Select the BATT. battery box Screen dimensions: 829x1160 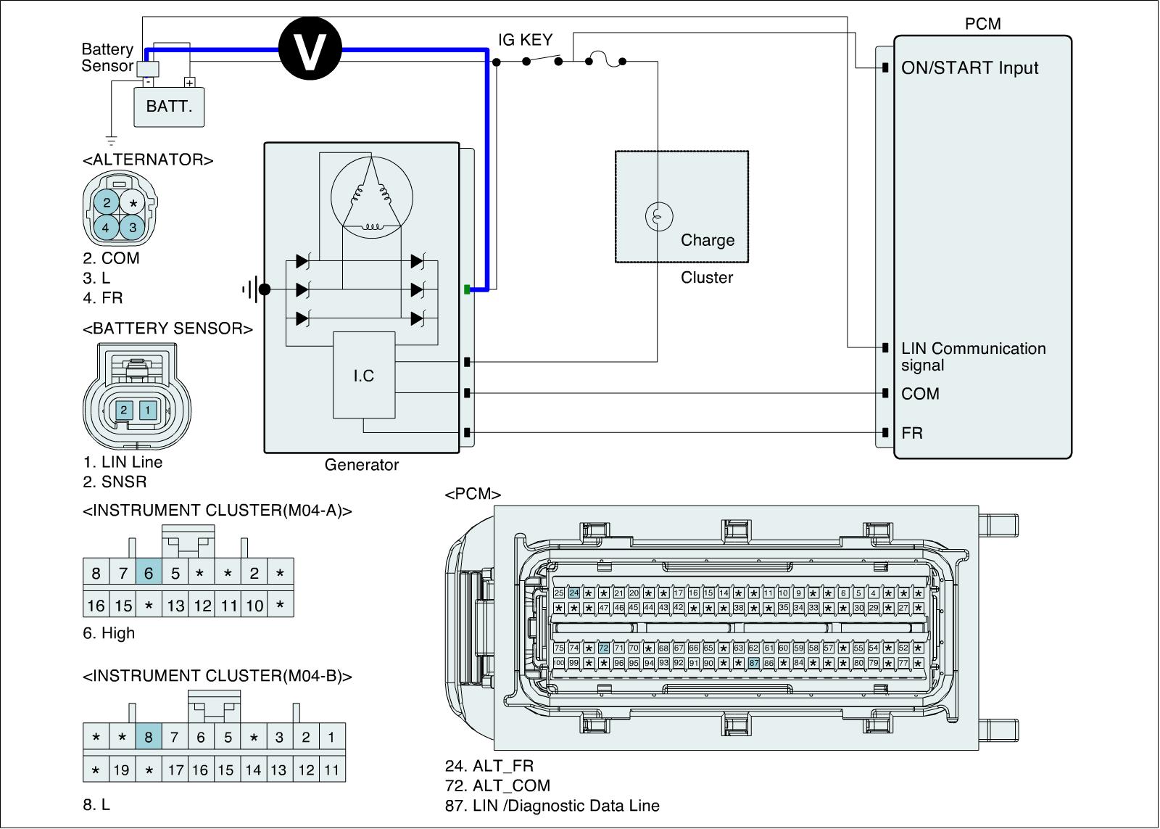[x=169, y=107]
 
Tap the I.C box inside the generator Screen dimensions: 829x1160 [x=364, y=375]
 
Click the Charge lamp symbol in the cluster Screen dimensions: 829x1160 [x=658, y=215]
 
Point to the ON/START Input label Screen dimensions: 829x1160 [x=969, y=68]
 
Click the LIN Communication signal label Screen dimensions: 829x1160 [x=973, y=357]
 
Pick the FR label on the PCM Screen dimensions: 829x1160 [x=912, y=433]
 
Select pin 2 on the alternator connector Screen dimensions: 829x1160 [x=107, y=202]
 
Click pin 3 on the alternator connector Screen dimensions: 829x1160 [x=133, y=227]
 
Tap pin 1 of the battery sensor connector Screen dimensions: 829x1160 [x=148, y=410]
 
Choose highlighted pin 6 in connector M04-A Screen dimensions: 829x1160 [x=149, y=574]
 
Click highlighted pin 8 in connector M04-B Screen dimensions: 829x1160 [x=149, y=738]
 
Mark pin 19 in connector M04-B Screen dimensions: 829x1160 [x=122, y=770]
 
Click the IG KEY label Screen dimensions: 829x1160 [x=525, y=40]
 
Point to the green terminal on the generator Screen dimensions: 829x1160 [x=467, y=289]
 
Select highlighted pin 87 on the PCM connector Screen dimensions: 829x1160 [x=753, y=663]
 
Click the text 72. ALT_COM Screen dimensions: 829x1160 [x=497, y=785]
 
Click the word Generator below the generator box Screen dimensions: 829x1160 [x=361, y=465]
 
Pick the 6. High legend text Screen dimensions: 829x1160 [x=109, y=633]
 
